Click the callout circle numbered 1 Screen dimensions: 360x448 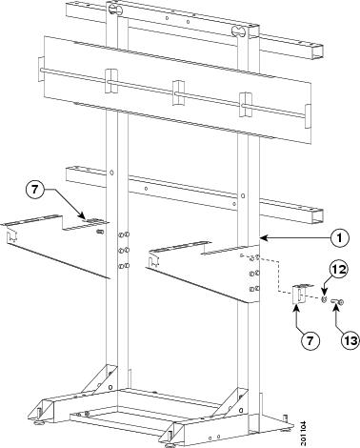pyautogui.click(x=340, y=237)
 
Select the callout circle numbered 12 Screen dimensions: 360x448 pyautogui.click(x=338, y=270)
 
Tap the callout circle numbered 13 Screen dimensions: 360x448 pyautogui.click(x=350, y=341)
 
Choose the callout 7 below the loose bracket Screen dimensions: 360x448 pyautogui.click(x=310, y=340)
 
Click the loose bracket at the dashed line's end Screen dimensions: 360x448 pyautogui.click(x=301, y=294)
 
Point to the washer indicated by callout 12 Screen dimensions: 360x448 pyautogui.click(x=324, y=299)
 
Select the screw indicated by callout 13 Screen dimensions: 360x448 pyautogui.click(x=337, y=302)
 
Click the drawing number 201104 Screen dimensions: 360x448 pyautogui.click(x=304, y=434)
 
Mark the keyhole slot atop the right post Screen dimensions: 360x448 pyautogui.click(x=239, y=31)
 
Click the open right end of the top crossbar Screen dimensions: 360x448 pyautogui.click(x=318, y=51)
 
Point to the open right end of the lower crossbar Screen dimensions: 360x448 pyautogui.click(x=318, y=216)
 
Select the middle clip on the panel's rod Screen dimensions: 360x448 pyautogui.click(x=178, y=92)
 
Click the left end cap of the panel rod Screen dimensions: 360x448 pyautogui.click(x=41, y=70)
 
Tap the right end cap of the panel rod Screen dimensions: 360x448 pyautogui.click(x=308, y=116)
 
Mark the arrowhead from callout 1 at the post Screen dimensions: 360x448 pyautogui.click(x=262, y=237)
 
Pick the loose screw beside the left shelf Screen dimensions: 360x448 pyautogui.click(x=100, y=232)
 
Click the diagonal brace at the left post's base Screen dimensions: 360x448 pyautogui.click(x=99, y=378)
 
